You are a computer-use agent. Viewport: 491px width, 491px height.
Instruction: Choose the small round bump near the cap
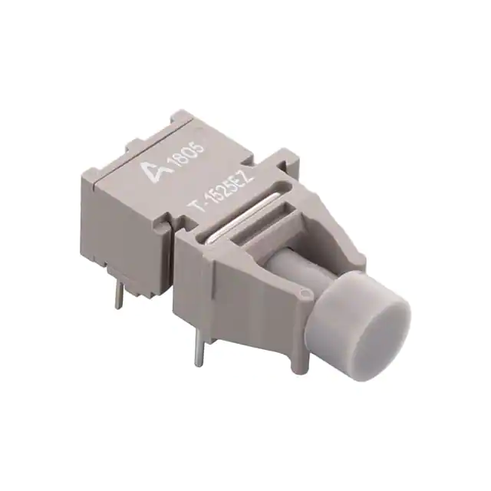[x=306, y=292]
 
